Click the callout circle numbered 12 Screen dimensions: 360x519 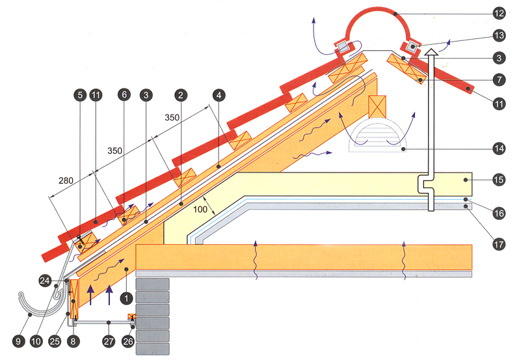point(499,12)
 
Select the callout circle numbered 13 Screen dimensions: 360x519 point(499,35)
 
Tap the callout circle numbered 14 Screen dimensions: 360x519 point(499,149)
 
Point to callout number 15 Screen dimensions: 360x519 point(499,177)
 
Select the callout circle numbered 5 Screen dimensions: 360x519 point(80,94)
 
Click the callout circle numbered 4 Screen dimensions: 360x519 point(219,94)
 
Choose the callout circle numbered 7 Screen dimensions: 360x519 point(499,81)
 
